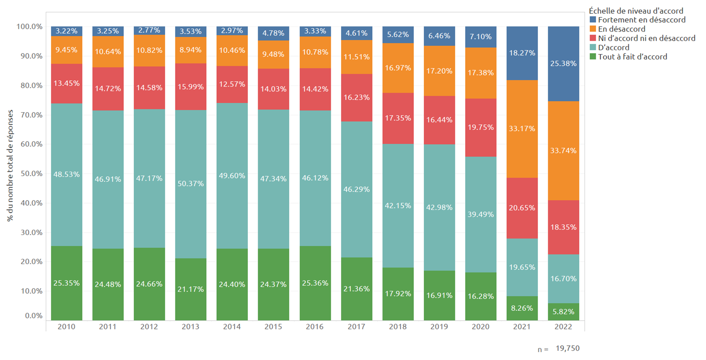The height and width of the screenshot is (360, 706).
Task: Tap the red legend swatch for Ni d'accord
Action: [x=592, y=38]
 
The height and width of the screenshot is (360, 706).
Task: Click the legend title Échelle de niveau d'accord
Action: [x=636, y=11]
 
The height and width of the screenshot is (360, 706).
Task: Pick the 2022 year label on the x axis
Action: [x=563, y=327]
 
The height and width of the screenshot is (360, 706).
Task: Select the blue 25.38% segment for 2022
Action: [x=563, y=63]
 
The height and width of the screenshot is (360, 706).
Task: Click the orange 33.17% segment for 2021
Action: [x=522, y=129]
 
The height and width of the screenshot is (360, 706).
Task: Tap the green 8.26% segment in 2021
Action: [x=522, y=308]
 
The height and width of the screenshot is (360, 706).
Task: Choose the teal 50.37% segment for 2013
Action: [x=190, y=184]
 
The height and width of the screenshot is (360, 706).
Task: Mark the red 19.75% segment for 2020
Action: [x=480, y=128]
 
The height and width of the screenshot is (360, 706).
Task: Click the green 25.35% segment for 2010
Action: [x=66, y=283]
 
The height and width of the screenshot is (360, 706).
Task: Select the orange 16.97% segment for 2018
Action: [x=398, y=68]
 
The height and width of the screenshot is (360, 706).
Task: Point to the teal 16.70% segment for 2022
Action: [x=563, y=278]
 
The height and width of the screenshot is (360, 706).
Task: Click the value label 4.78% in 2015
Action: [x=273, y=33]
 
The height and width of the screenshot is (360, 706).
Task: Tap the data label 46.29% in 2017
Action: [x=356, y=189]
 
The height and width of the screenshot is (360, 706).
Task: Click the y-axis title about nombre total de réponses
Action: [x=10, y=173]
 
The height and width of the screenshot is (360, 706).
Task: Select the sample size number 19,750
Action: [x=568, y=348]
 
